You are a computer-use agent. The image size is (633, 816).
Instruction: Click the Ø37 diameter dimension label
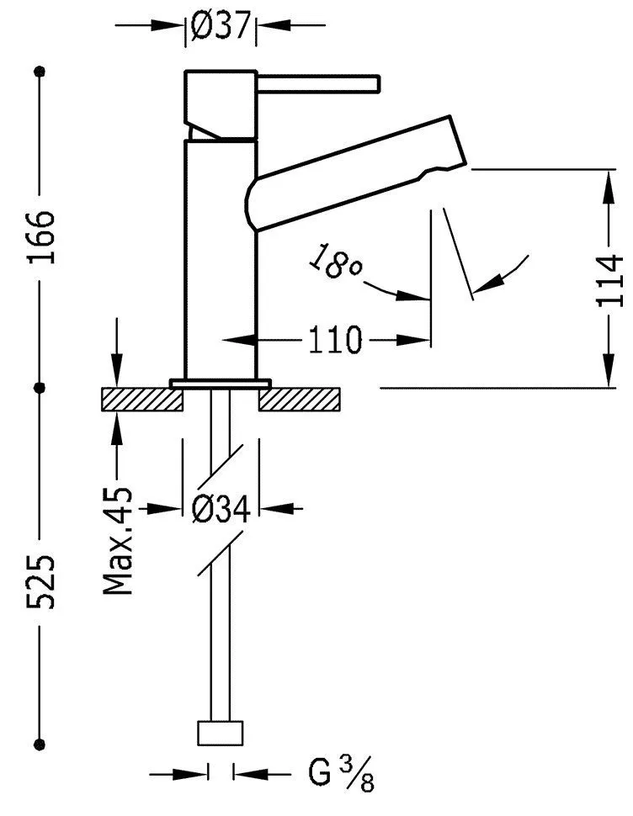(x=221, y=26)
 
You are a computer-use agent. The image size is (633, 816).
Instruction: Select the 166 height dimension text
(x=40, y=237)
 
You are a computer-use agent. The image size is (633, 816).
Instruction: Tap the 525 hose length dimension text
(x=40, y=580)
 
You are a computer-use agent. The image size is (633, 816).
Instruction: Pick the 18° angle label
(x=335, y=263)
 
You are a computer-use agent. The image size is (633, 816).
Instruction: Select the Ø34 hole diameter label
(x=221, y=508)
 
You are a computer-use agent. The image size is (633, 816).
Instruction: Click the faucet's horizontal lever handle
(x=320, y=84)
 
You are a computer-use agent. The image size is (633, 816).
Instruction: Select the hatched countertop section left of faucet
(x=141, y=400)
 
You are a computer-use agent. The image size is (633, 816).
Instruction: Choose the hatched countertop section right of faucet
(x=301, y=400)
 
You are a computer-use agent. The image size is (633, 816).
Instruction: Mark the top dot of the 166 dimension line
(x=40, y=72)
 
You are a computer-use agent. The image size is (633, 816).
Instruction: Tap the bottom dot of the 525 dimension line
(x=40, y=743)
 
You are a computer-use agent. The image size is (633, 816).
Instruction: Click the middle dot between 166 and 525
(x=40, y=387)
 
